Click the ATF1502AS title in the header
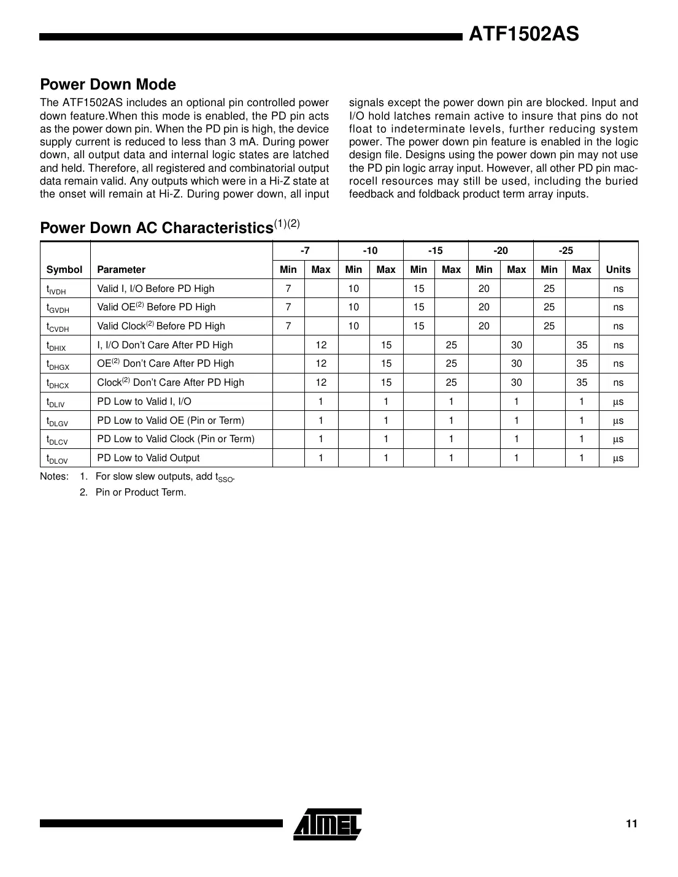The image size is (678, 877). (x=523, y=34)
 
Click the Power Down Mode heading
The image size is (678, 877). (x=108, y=85)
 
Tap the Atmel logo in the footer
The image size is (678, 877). (x=328, y=824)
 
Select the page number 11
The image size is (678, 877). (x=631, y=824)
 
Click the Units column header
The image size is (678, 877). (x=618, y=269)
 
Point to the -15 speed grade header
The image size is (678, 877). (x=435, y=251)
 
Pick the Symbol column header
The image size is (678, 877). (x=64, y=269)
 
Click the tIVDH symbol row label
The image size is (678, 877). (x=56, y=289)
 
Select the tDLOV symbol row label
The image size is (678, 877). (x=57, y=458)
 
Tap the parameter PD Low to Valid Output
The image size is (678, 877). (x=148, y=458)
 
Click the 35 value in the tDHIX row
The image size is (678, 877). (x=582, y=345)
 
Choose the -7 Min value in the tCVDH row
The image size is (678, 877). (x=288, y=326)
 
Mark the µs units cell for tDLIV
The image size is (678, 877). (x=618, y=402)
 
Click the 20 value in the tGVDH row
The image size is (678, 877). (x=484, y=307)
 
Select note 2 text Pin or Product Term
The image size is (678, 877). (x=141, y=492)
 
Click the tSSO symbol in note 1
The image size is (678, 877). (x=225, y=478)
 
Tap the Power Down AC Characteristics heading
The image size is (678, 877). (x=156, y=228)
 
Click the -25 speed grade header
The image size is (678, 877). (x=566, y=251)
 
